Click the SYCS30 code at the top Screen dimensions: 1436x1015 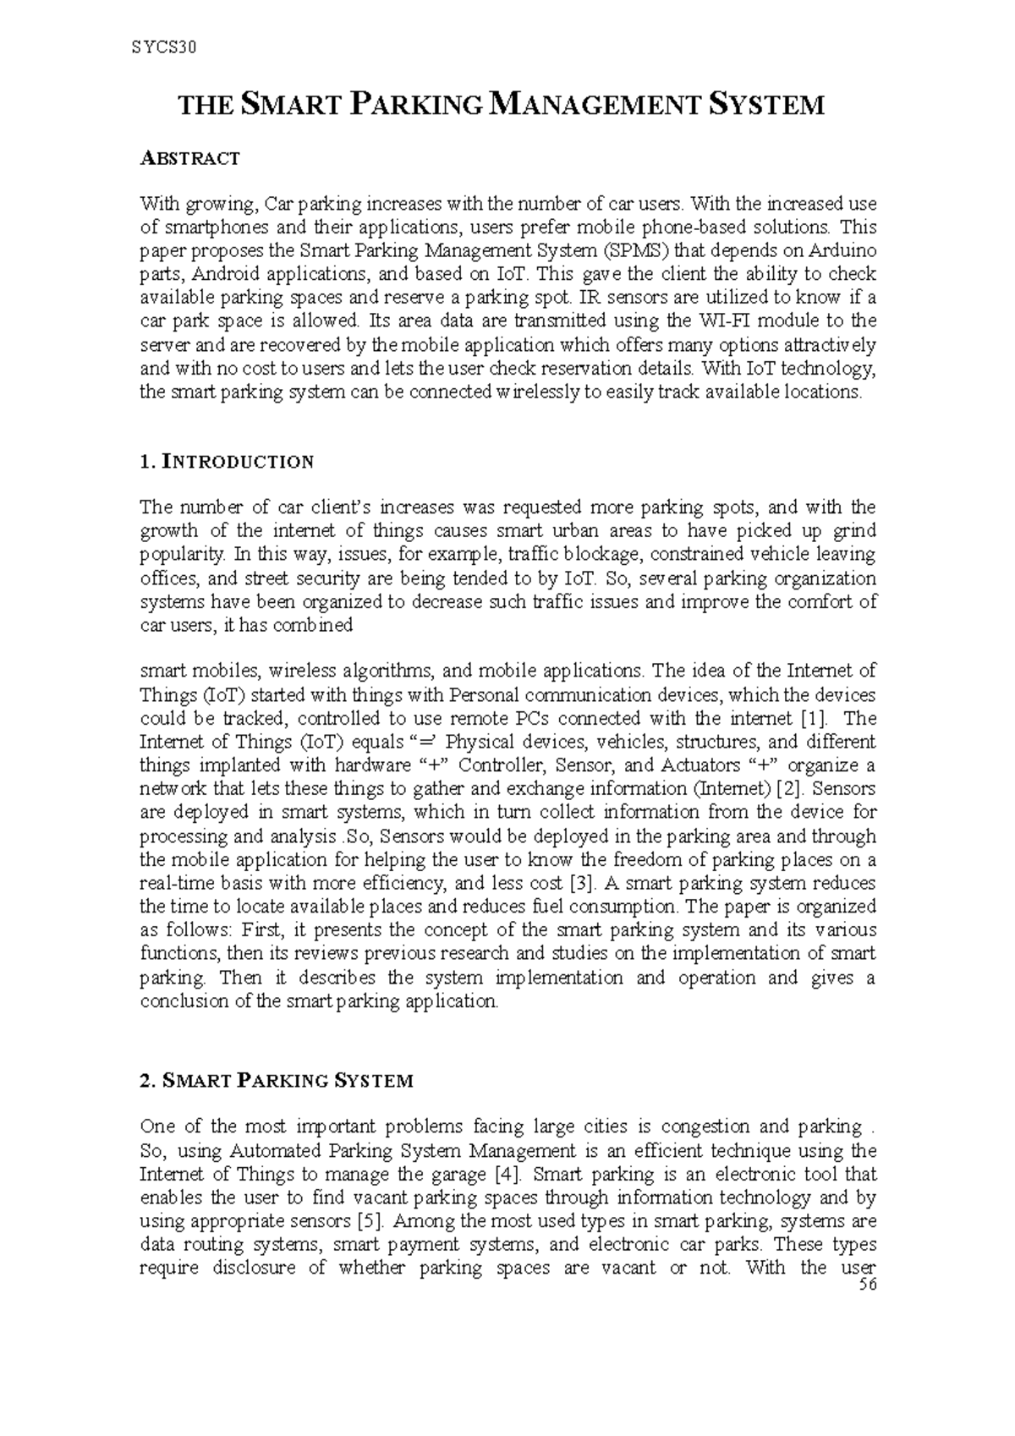(x=164, y=47)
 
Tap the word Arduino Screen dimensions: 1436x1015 (x=842, y=251)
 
